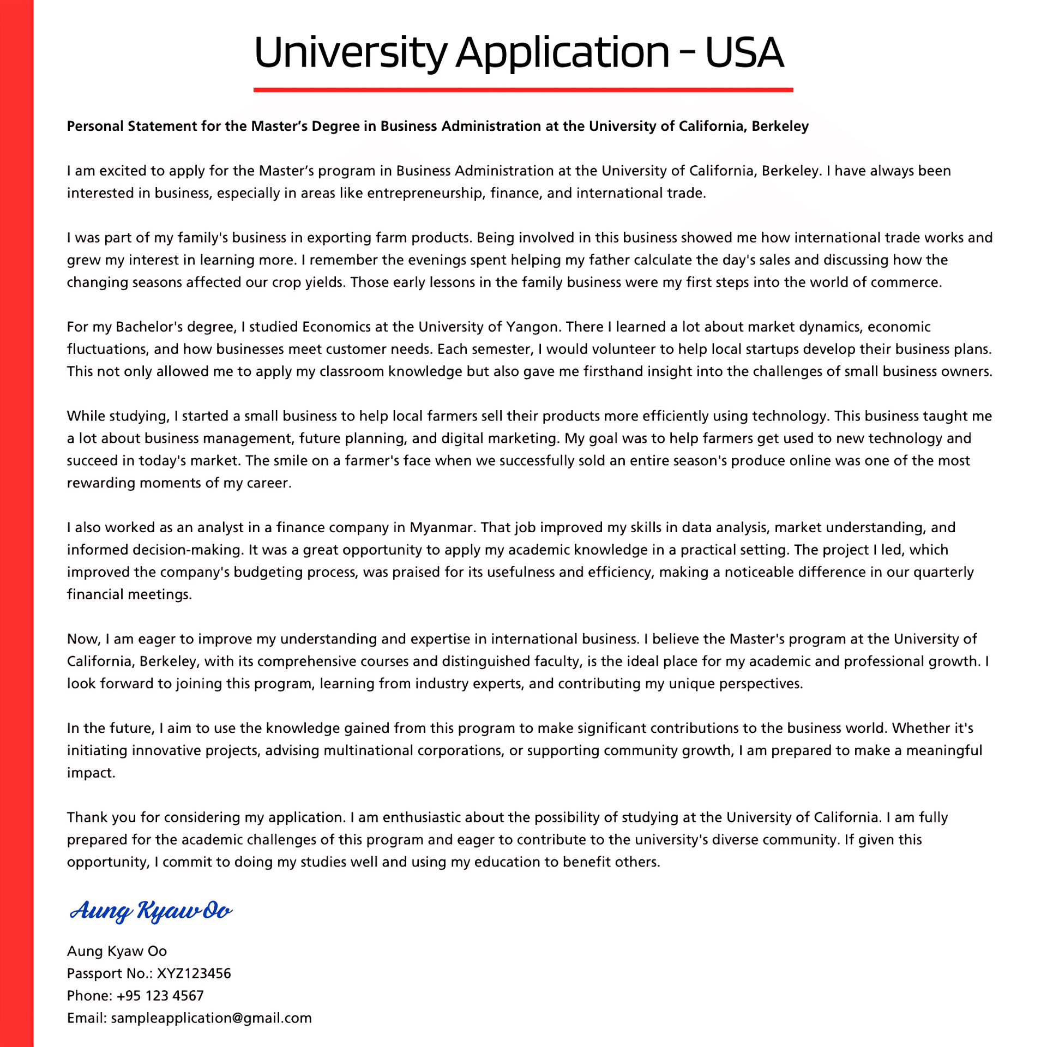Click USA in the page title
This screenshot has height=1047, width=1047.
tap(744, 52)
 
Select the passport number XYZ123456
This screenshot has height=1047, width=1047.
tap(194, 973)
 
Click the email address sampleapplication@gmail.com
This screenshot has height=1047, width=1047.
tap(211, 1018)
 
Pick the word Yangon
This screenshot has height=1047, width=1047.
tap(532, 327)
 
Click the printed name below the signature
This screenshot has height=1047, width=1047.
tap(117, 951)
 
